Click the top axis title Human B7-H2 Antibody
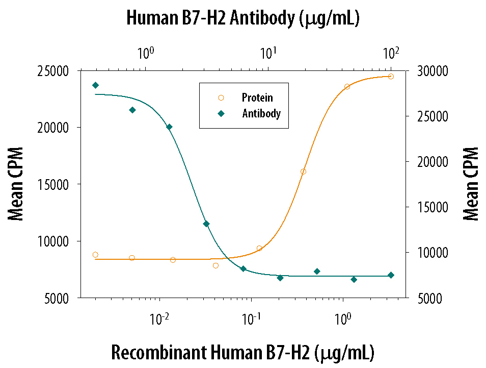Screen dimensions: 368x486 (243, 18)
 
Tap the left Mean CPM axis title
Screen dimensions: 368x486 (17, 184)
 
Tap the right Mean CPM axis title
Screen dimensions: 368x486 (471, 184)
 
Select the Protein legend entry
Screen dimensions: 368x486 (257, 97)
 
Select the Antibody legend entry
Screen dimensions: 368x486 (261, 113)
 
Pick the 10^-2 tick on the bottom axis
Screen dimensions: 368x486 (159, 320)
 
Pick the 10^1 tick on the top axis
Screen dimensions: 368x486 (268, 52)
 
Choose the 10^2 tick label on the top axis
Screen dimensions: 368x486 (391, 52)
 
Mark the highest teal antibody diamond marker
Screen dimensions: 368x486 (95, 85)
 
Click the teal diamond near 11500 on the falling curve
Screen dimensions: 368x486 (206, 224)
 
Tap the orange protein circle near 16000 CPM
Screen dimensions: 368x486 (304, 171)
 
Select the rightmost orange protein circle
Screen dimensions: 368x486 (391, 77)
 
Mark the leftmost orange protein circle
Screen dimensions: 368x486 (95, 255)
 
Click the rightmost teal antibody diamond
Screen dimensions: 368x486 (391, 275)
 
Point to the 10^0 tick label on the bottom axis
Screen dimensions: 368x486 (343, 320)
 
